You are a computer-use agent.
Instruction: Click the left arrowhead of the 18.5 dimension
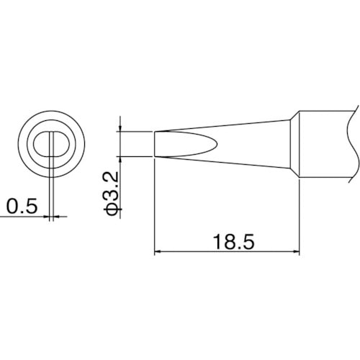[160, 251]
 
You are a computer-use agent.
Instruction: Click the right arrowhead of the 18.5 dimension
[295, 251]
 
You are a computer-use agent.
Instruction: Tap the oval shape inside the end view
[52, 143]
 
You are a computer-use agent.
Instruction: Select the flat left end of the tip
[156, 143]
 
